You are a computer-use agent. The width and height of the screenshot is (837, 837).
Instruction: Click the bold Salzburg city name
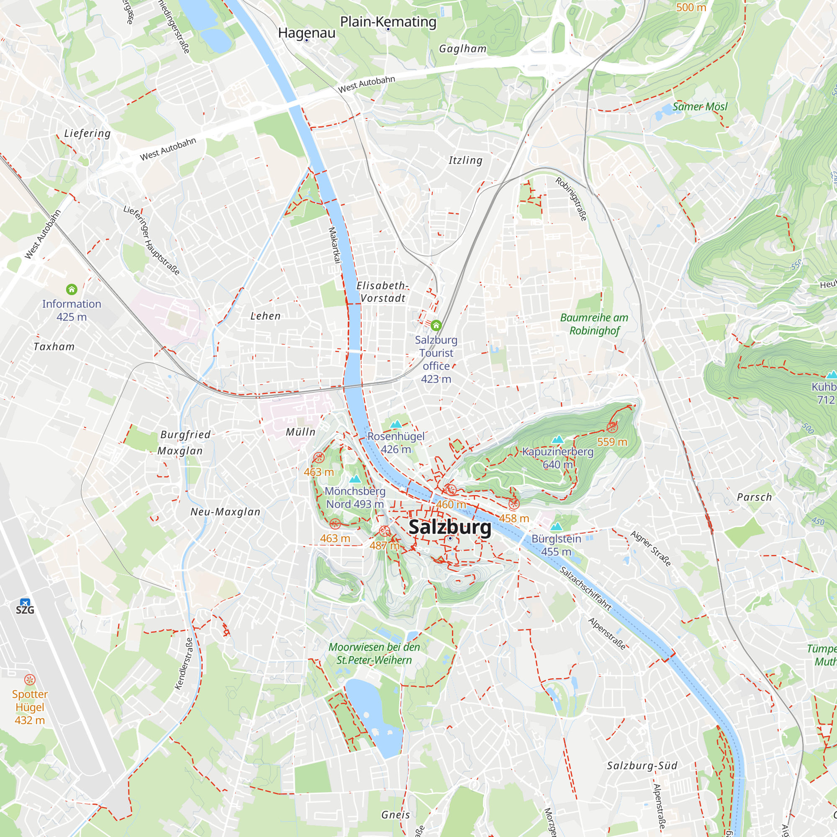click(450, 527)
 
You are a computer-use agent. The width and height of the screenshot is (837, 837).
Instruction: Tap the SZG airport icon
click(25, 603)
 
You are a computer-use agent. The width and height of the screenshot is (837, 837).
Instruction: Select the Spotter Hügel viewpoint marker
click(29, 679)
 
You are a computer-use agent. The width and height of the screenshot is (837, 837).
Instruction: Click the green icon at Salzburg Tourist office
click(436, 325)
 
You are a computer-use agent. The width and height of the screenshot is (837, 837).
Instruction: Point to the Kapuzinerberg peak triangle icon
click(557, 439)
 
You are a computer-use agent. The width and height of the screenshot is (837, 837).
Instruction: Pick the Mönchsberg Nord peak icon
click(355, 479)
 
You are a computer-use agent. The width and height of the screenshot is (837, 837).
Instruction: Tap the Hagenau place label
click(307, 33)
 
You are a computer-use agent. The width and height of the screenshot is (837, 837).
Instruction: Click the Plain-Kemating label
click(388, 22)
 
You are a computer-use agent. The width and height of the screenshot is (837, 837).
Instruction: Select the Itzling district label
click(465, 160)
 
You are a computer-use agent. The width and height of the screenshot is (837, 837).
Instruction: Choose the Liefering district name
click(87, 134)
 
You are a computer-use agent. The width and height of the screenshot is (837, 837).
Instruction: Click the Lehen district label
click(266, 316)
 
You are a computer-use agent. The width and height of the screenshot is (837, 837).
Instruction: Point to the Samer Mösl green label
click(700, 107)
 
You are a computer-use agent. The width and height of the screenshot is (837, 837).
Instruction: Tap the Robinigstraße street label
click(571, 199)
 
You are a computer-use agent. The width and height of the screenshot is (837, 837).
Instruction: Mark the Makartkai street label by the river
click(334, 245)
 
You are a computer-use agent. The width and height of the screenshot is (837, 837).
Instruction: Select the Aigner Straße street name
click(651, 549)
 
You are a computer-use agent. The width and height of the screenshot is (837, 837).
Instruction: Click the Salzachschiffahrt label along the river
click(585, 588)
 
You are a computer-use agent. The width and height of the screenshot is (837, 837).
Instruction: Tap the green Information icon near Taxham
click(72, 289)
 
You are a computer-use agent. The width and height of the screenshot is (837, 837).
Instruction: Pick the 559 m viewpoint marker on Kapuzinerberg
click(612, 428)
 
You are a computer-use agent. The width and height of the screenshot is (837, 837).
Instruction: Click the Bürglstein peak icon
click(556, 527)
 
